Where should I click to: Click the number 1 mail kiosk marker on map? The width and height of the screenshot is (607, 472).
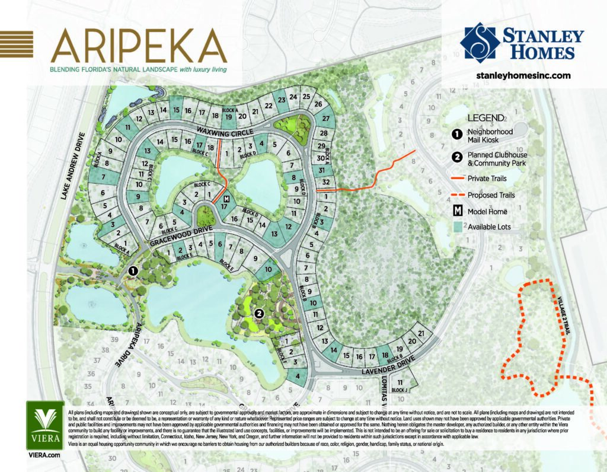(133, 272)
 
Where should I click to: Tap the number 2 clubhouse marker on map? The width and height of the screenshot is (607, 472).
(258, 314)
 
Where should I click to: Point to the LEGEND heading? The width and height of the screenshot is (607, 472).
(486, 117)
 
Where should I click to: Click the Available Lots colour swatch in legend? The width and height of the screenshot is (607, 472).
(456, 227)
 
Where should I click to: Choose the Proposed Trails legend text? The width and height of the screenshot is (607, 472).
(491, 194)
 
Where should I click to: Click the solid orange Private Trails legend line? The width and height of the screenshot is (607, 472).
(456, 177)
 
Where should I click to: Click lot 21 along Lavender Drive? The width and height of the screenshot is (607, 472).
(421, 334)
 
